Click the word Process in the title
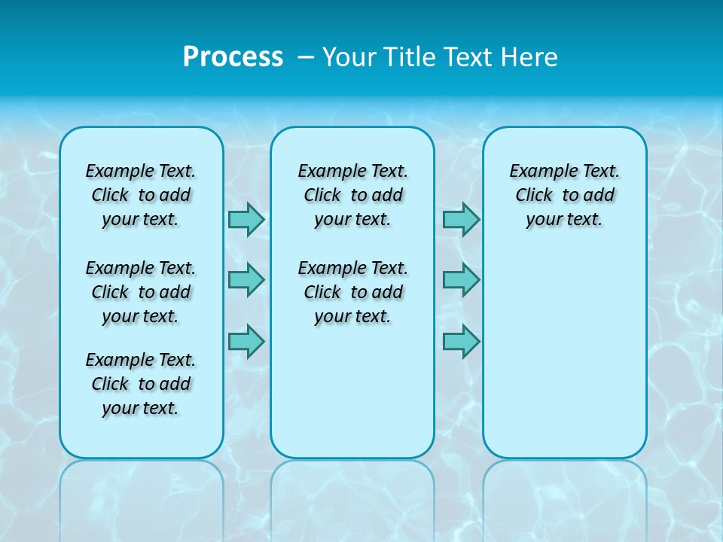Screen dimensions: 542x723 [x=233, y=57]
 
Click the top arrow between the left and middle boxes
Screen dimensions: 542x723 [x=246, y=219]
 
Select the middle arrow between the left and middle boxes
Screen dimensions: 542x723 [x=246, y=280]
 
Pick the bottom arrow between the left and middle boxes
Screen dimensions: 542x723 [x=246, y=341]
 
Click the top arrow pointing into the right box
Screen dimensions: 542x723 [x=461, y=219]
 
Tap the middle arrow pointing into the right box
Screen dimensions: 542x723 [x=461, y=280]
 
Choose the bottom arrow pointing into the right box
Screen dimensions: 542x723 [x=461, y=341]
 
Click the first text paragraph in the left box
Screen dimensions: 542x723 [x=141, y=195]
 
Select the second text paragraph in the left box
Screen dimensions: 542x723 [x=141, y=292]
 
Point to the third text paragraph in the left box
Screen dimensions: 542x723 [x=141, y=384]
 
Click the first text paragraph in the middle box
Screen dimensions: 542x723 [x=352, y=195]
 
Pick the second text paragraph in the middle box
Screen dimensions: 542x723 [x=352, y=292]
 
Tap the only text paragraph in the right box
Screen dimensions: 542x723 [x=564, y=195]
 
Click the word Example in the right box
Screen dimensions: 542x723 [x=539, y=172]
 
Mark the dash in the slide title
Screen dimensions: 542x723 [x=306, y=57]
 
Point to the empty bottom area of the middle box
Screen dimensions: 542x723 [x=352, y=399]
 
